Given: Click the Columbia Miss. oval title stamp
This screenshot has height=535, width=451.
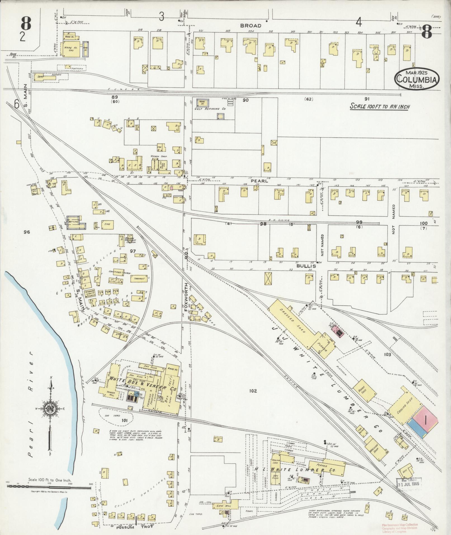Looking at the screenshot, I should click(416, 79).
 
